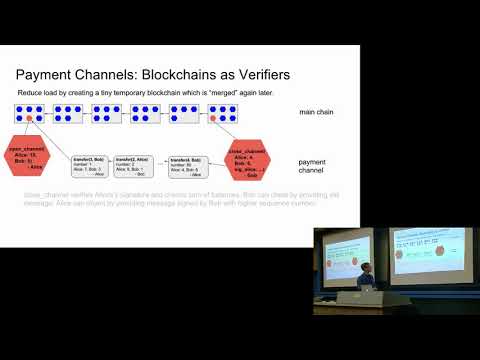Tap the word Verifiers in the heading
click(x=279, y=74)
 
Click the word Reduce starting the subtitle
click(x=31, y=93)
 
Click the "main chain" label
click(x=317, y=111)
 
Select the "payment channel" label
click(x=315, y=165)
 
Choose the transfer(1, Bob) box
click(x=90, y=164)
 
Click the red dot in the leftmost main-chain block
click(x=31, y=119)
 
